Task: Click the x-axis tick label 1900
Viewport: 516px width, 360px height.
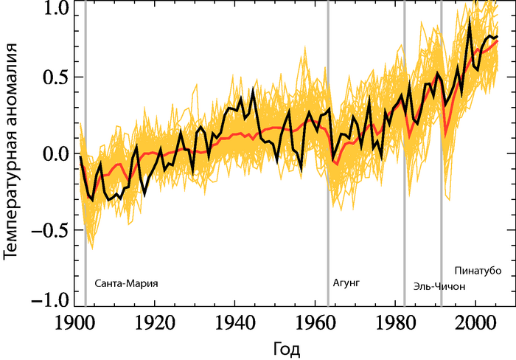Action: point(74,322)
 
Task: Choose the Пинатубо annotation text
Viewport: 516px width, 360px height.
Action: point(478,269)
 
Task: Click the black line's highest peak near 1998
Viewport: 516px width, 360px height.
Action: point(470,20)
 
